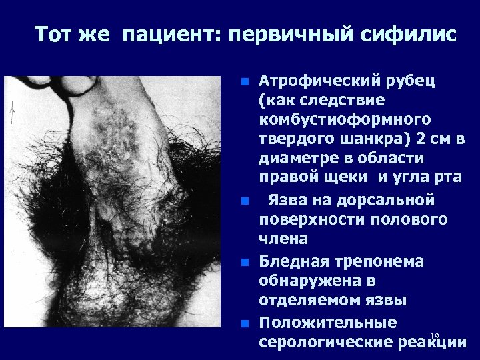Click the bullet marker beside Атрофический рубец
(x=245, y=83)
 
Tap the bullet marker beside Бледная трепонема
(x=245, y=262)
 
